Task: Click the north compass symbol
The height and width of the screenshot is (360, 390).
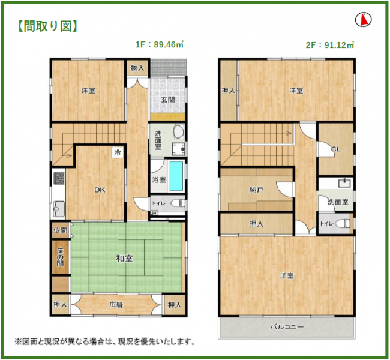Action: click(x=363, y=19)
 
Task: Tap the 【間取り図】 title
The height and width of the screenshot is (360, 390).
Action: click(x=47, y=26)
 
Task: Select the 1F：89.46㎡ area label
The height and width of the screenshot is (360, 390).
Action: click(x=160, y=44)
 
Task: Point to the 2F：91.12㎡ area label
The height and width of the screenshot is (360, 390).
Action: click(x=330, y=45)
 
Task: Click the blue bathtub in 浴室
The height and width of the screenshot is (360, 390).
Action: click(x=176, y=176)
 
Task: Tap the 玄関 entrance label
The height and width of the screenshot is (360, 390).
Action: click(x=168, y=100)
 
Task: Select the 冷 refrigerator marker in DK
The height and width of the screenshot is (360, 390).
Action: click(x=117, y=152)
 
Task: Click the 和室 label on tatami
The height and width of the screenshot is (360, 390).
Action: click(x=124, y=259)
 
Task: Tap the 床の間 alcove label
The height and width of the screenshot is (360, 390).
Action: click(x=60, y=257)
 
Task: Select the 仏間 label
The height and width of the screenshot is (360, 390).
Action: click(x=60, y=230)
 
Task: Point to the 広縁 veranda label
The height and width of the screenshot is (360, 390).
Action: click(x=116, y=305)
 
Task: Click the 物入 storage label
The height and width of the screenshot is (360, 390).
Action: click(x=137, y=67)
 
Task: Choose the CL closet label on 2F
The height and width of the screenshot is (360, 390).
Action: click(x=335, y=149)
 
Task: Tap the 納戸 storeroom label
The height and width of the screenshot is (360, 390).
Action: click(x=256, y=190)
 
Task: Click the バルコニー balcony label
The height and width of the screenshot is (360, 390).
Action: click(x=287, y=326)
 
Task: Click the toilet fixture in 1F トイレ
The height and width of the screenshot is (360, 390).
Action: click(x=178, y=203)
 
